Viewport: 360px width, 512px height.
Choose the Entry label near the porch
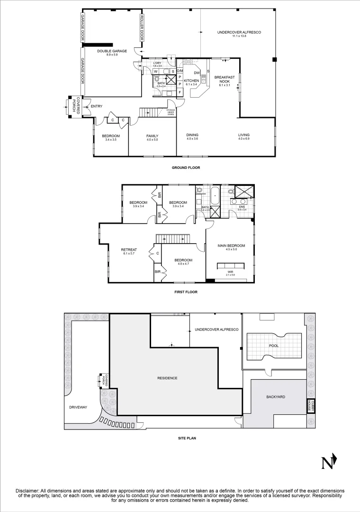96,106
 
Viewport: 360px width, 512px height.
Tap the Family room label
152,136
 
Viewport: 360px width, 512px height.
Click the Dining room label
192,136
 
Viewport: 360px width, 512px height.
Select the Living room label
243,136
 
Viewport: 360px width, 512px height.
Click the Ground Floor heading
186,167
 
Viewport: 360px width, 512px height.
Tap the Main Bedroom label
231,246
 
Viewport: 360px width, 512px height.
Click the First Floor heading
186,292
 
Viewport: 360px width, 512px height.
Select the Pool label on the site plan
273,346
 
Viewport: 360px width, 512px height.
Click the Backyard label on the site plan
275,396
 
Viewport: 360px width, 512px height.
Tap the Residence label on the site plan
167,378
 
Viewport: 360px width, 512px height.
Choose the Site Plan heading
186,438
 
